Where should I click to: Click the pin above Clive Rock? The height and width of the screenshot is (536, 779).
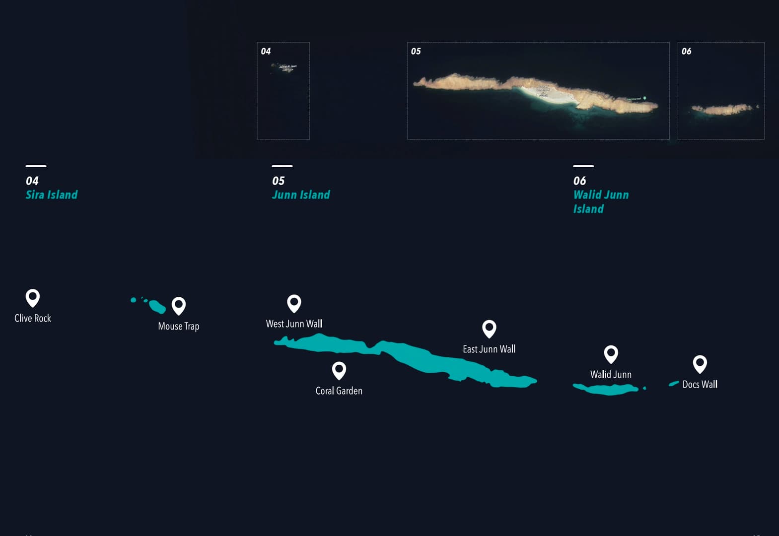pyautogui.click(x=33, y=297)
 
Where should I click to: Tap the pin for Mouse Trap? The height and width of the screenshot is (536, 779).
pyautogui.click(x=179, y=305)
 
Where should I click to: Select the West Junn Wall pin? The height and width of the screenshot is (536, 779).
pyautogui.click(x=294, y=303)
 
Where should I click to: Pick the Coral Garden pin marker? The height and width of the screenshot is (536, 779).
pyautogui.click(x=339, y=370)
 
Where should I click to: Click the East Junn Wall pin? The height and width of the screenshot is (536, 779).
pyautogui.click(x=489, y=328)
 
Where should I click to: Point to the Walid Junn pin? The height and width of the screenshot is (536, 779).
pyautogui.click(x=611, y=354)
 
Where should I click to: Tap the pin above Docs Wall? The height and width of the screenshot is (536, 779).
pyautogui.click(x=700, y=364)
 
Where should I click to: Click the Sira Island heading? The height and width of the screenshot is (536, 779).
pyautogui.click(x=52, y=195)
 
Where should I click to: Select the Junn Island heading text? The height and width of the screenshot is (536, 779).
pyautogui.click(x=301, y=195)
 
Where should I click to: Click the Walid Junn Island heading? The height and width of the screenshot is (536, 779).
pyautogui.click(x=601, y=201)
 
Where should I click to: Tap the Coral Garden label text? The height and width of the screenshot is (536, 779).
pyautogui.click(x=339, y=391)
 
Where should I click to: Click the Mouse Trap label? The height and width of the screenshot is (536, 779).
pyautogui.click(x=179, y=326)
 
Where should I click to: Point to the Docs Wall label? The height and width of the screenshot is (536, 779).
pyautogui.click(x=700, y=384)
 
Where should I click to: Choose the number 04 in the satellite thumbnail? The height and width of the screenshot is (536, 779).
pyautogui.click(x=266, y=51)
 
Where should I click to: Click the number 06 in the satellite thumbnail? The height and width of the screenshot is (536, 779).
pyautogui.click(x=686, y=51)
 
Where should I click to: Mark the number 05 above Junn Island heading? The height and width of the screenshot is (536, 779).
pyautogui.click(x=279, y=181)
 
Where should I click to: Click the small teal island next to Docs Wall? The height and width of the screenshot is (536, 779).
pyautogui.click(x=674, y=384)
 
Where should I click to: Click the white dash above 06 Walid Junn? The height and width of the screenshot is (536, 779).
pyautogui.click(x=583, y=166)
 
